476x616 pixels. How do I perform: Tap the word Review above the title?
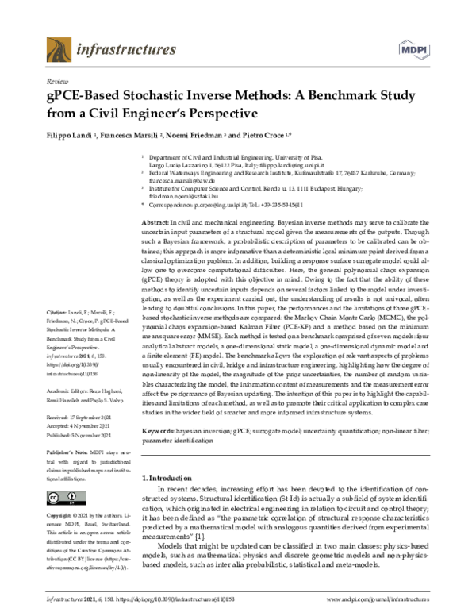(57, 82)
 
